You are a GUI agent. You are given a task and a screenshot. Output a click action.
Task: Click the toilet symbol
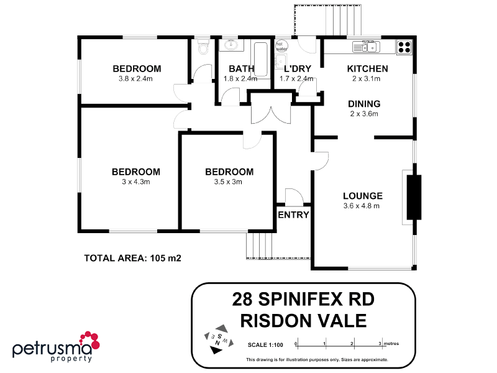pos(203,46)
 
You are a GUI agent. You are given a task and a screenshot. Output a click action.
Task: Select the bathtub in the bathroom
pos(260,59)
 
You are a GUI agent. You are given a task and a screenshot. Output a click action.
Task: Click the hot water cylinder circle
pos(281,46)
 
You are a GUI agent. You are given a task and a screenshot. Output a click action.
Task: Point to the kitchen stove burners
pos(404,47)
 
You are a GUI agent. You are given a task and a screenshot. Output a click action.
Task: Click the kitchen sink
pos(367,47)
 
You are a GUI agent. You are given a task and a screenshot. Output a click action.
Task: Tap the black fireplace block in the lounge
pos(414,197)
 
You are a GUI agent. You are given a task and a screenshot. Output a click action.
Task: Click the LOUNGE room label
pos(363,196)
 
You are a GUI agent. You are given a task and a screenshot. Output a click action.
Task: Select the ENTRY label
pos(293,215)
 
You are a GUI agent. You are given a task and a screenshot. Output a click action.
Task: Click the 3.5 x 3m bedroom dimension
pos(228,182)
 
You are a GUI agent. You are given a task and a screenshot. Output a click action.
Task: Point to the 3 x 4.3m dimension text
pos(136,182)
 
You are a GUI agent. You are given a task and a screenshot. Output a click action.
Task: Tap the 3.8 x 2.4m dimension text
pos(135,79)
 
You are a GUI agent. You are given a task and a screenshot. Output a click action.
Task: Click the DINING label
pos(364,104)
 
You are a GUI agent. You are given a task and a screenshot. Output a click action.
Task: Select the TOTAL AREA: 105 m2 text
pos(133,258)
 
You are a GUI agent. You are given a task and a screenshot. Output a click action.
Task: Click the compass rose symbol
pos(219,339)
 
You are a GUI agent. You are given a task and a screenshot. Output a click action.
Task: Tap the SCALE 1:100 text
pos(265,345)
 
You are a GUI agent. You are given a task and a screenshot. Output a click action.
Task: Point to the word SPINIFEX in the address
pos(300,299)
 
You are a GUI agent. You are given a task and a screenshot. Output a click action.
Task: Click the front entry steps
pos(259,245)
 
